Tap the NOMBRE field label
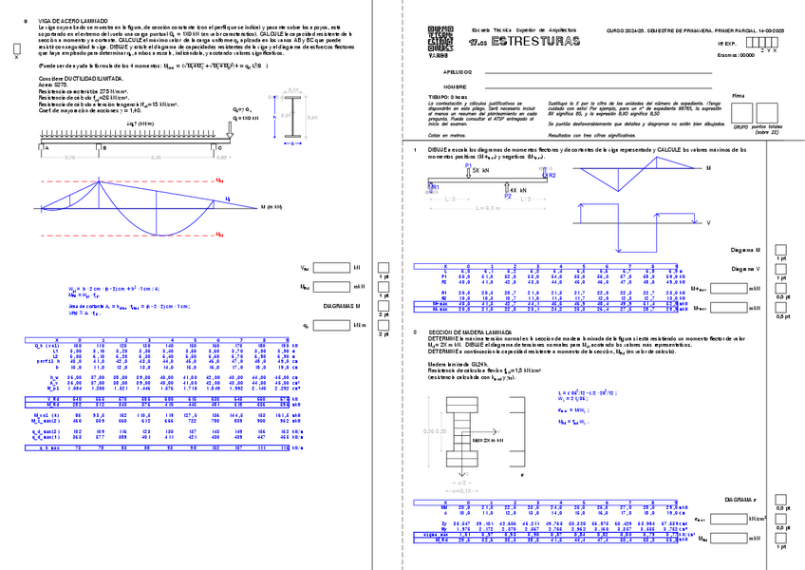tap(455, 85)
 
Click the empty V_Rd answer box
tap(331, 268)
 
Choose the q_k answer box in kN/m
tap(331, 324)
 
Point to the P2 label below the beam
tap(508, 196)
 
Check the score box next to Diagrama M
tap(781, 249)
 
